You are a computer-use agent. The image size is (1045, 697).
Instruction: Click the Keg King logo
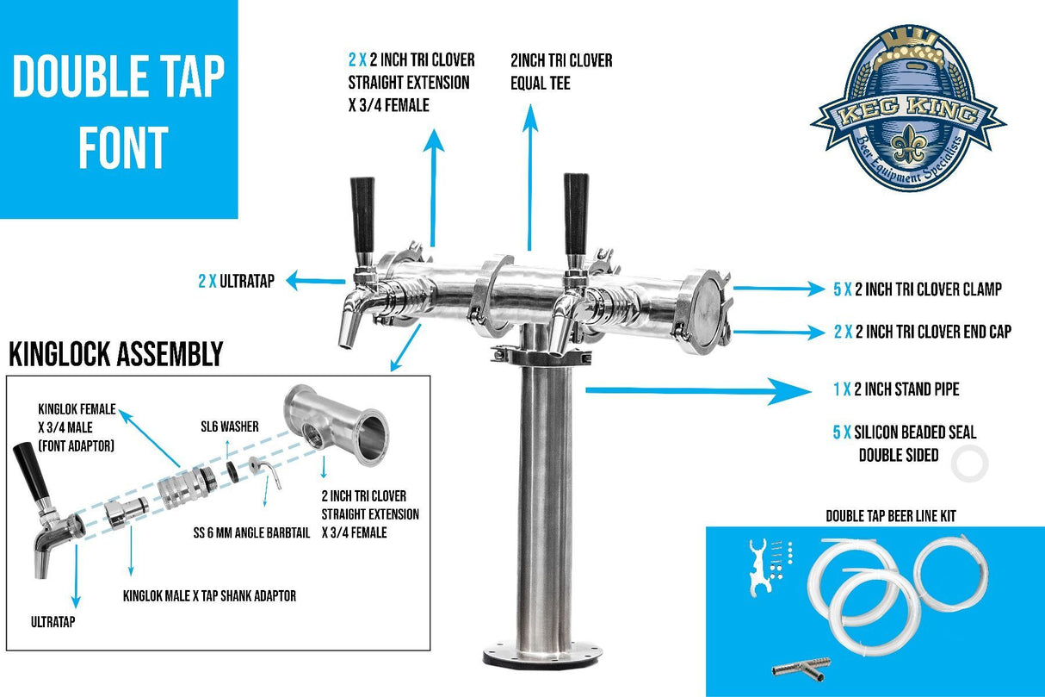(x=907, y=109)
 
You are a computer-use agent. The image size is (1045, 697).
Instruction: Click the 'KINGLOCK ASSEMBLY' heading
(x=115, y=354)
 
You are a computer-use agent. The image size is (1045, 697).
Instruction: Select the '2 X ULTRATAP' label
(x=236, y=281)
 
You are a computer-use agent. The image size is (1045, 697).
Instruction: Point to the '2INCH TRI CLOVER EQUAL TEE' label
(x=561, y=72)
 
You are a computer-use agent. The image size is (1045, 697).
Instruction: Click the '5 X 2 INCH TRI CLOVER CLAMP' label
(x=917, y=289)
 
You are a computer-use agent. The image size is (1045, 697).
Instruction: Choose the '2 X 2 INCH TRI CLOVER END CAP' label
(x=922, y=332)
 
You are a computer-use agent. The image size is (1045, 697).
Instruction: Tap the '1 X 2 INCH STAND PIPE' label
(x=896, y=389)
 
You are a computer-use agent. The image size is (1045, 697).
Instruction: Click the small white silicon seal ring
(x=969, y=464)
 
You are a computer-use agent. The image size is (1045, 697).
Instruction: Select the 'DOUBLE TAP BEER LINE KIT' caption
(x=890, y=516)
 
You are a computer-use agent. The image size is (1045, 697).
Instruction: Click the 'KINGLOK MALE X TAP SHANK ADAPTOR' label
(x=209, y=596)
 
